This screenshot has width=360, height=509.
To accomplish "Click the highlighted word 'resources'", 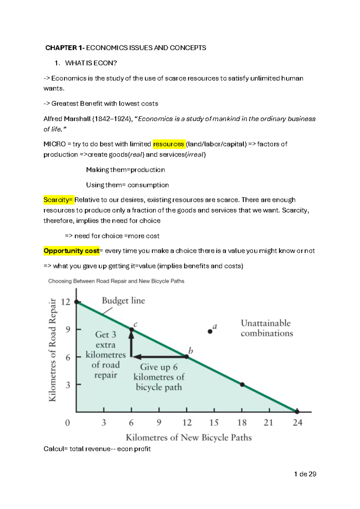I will pos(168,144).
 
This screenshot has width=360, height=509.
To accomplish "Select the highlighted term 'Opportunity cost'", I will pos(71,251).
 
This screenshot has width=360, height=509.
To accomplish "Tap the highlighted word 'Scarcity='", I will pos(58,200).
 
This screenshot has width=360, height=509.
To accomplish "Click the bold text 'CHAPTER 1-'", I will pos(65,48).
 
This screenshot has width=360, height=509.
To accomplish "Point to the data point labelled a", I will pos(210,331).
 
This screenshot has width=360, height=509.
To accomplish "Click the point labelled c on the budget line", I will pos(131,330).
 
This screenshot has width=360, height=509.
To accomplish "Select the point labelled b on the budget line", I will pos(187,357).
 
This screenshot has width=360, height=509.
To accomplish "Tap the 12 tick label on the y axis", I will pos(65,302).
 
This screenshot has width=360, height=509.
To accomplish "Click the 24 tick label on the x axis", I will pos(298,423).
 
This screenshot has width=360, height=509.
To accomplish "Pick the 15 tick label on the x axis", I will pos(214,423).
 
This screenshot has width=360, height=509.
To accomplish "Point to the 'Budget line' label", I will pos(123,300).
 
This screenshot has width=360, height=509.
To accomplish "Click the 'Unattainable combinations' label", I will pos(266,328).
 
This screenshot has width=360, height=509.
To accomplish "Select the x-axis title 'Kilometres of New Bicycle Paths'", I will pos(189,437).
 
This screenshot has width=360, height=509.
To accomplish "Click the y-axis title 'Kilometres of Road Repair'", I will pos(52,350).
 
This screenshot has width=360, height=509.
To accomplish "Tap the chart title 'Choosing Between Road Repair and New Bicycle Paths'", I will pos(116,281).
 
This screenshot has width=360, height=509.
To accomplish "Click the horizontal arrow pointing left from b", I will pos(159,357).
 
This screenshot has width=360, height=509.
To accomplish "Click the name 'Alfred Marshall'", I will pos(67,119).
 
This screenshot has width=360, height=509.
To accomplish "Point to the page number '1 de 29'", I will pos(305,474).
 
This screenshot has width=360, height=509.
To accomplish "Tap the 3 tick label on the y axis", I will pos(68,385).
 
